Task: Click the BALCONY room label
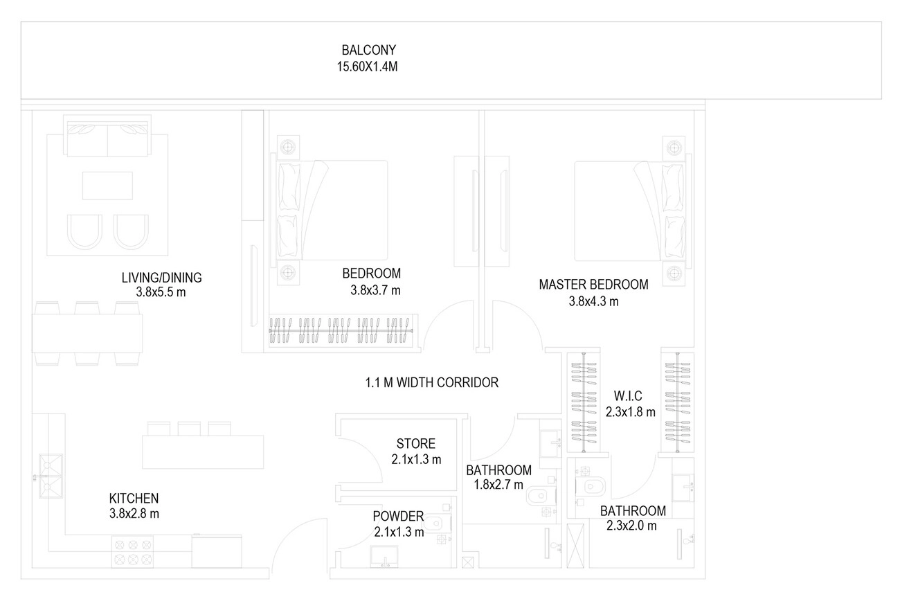coord(368,51)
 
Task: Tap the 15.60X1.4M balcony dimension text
coord(368,67)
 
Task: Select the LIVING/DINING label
coord(161,278)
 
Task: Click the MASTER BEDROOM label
coord(593,285)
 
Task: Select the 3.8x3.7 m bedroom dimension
coord(375,291)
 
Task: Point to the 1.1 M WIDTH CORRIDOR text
coord(432,382)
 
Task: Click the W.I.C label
coord(628,396)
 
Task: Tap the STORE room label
coord(415,444)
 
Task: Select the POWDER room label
coord(398,516)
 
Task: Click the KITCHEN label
coord(134,498)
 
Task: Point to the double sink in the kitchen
coord(51,477)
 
